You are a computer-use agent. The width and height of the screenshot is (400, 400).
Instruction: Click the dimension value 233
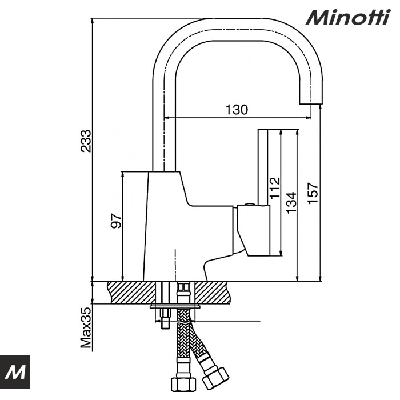pos(86,141)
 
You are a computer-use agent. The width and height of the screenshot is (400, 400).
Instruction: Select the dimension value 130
pos(235,110)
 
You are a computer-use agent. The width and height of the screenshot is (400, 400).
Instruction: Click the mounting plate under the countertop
pos(174,306)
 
